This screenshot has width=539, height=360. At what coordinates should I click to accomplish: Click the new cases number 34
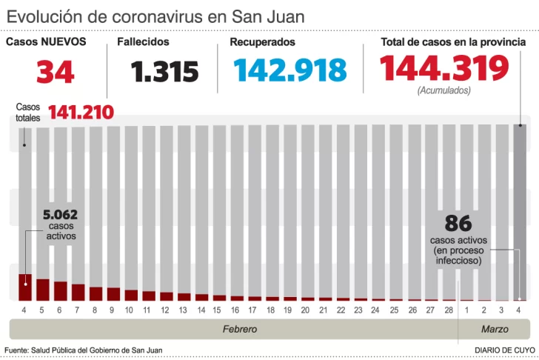pos(56,71)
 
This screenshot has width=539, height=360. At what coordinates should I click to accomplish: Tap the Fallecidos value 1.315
pos(165,71)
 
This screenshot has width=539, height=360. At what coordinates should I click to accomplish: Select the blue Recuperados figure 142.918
pos(290,70)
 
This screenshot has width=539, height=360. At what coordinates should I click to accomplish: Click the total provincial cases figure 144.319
pos(444,69)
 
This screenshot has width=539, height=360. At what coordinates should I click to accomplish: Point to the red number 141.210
pos(81,113)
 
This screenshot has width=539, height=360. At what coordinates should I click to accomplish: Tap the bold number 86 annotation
pos(459,224)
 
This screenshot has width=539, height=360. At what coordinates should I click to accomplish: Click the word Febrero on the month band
pos(240,328)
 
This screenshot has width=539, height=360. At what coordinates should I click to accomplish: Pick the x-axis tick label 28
pos(449,310)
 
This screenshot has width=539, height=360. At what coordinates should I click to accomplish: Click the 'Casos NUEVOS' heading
pos(46,42)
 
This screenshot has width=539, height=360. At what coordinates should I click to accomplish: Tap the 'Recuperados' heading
pos(262,42)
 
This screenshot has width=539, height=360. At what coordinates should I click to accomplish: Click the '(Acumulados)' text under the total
pos(443,91)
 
